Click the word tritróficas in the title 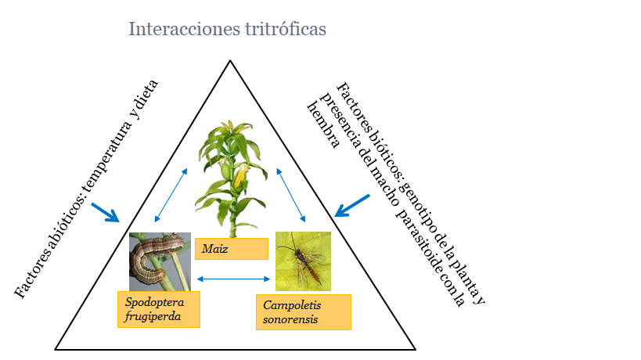[286, 29]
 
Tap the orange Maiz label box [232, 249]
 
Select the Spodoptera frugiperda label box [159, 309]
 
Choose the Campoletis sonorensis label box [304, 312]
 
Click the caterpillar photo [160, 261]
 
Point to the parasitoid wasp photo [303, 261]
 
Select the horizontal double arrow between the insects [233, 279]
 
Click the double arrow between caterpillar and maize [171, 195]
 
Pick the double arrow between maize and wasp [290, 195]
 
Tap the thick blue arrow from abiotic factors [106, 213]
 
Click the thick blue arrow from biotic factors [352, 206]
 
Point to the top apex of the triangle [230, 60]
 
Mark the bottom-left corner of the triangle [56, 349]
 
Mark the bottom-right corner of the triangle [416, 349]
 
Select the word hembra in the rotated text [323, 124]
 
